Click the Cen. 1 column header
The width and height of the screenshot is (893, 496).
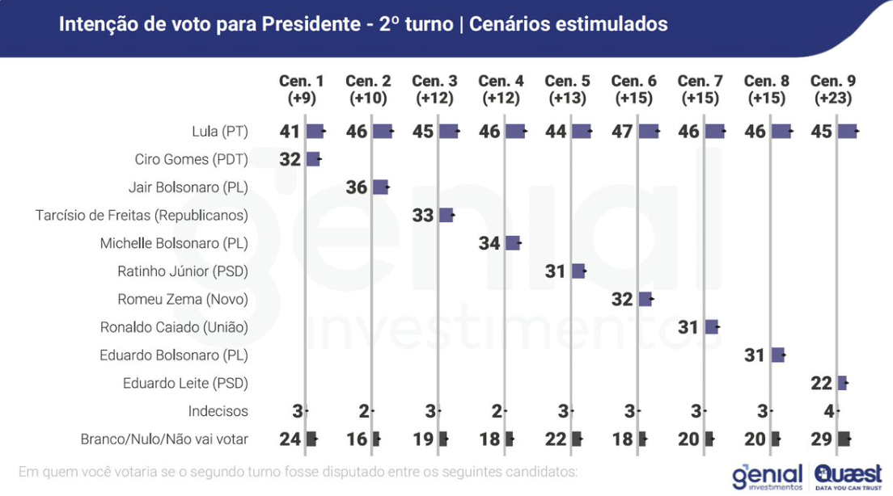tap(302, 89)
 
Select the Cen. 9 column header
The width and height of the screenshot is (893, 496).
tap(833, 89)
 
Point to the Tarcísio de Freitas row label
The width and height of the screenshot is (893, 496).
tap(142, 215)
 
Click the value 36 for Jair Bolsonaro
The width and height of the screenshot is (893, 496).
tap(356, 187)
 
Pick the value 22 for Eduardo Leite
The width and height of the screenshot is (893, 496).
tap(821, 383)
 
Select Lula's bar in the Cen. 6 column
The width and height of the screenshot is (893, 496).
tap(649, 131)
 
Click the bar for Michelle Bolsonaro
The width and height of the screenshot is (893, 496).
tap(512, 243)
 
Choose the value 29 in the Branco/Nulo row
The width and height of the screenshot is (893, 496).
tap(821, 439)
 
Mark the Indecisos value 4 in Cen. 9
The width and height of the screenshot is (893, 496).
tap(828, 411)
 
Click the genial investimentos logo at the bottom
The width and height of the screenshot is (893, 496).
tap(766, 477)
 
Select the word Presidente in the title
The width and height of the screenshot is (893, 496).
tap(310, 24)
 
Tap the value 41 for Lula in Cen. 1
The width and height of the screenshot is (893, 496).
tap(290, 131)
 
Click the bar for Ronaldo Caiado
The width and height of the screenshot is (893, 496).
tap(711, 327)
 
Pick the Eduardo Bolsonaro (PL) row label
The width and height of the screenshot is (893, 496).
tap(173, 355)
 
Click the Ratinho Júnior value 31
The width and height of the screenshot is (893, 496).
tap(555, 271)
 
